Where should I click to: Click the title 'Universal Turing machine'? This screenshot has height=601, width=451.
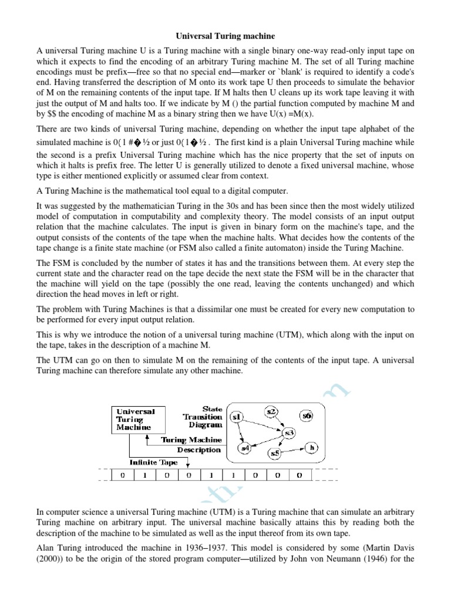[225, 37]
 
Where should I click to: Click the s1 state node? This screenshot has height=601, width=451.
[237, 417]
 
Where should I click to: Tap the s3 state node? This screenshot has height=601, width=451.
[289, 433]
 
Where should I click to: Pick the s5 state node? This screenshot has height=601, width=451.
[275, 453]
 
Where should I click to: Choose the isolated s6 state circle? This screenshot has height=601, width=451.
[306, 416]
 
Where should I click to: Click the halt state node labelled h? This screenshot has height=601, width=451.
[312, 447]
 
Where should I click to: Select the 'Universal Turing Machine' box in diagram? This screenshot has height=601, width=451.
[137, 420]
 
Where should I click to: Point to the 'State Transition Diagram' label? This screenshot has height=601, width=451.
[203, 416]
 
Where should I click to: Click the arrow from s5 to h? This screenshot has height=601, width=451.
[294, 450]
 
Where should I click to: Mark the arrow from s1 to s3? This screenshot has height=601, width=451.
[262, 424]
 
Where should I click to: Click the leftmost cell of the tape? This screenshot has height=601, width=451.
[122, 475]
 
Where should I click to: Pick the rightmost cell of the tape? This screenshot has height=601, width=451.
[299, 475]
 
